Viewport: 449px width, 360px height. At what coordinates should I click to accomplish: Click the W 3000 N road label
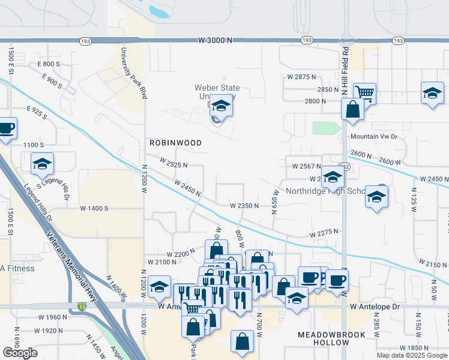click(216, 40)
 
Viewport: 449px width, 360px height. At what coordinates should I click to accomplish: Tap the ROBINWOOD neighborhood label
click(175, 143)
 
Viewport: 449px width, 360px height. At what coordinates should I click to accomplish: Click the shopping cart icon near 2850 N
click(364, 93)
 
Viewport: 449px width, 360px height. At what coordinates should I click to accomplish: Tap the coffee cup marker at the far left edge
click(7, 128)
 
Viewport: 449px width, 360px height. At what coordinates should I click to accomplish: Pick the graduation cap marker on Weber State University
click(221, 106)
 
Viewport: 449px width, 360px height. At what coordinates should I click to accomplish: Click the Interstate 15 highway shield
click(82, 307)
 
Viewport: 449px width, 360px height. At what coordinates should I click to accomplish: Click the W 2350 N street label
click(244, 205)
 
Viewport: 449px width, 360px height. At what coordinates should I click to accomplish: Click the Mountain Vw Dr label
click(373, 137)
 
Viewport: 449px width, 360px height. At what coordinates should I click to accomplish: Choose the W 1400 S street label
click(94, 208)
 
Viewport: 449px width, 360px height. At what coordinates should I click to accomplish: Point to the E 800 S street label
click(49, 64)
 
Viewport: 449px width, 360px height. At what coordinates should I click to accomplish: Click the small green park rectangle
click(326, 128)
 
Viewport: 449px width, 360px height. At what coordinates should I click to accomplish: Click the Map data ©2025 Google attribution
click(412, 355)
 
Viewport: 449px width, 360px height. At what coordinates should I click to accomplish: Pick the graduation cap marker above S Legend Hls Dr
click(42, 163)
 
